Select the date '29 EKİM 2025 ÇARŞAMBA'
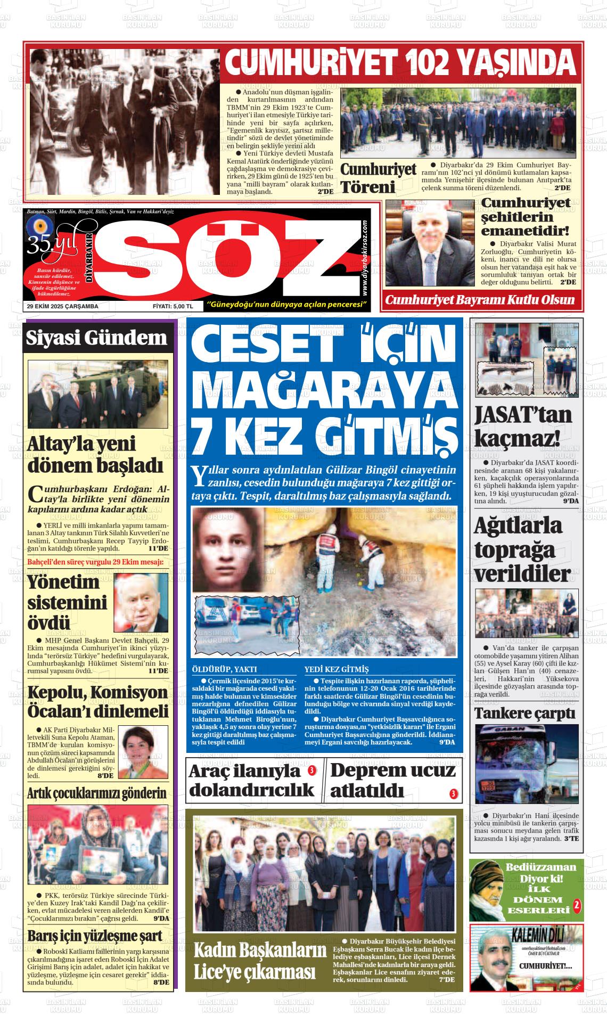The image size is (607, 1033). point(63,306)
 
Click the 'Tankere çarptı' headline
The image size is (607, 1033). point(524,713)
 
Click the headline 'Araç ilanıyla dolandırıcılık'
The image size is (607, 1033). point(251,781)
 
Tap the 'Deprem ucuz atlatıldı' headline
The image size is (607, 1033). point(392,781)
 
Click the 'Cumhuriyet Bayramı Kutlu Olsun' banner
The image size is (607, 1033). point(480,299)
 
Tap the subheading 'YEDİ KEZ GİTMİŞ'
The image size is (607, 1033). point(336,669)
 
